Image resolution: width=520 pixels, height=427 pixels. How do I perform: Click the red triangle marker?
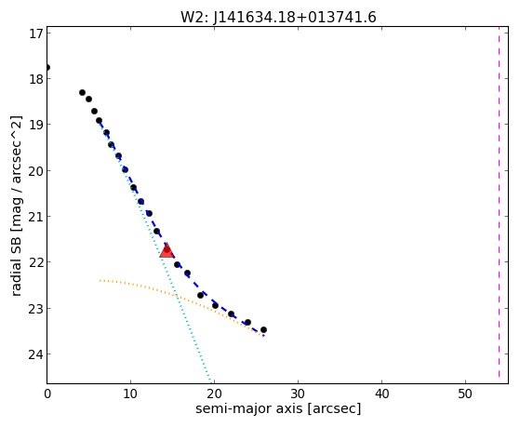coord(167,250)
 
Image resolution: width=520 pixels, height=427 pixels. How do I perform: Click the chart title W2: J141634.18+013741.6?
coord(278,18)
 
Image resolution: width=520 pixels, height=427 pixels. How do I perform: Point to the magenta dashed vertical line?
coord(499,202)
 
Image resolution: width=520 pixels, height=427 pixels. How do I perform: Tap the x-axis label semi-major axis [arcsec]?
coord(278,408)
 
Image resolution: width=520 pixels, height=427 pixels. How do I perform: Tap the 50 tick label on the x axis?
coord(465,394)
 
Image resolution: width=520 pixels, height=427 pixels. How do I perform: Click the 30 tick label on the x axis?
coord(298,394)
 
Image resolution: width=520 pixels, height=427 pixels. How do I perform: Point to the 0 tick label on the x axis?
coord(47,394)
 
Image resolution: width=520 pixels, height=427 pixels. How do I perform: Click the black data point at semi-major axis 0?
coord(47,68)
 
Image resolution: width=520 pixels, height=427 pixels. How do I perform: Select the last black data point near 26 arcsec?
coord(263,330)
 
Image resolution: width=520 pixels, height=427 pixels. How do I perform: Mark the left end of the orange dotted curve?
coord(100,281)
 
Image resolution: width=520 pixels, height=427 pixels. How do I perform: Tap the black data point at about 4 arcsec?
coord(82,93)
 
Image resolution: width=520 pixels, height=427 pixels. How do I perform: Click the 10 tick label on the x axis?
coord(130,394)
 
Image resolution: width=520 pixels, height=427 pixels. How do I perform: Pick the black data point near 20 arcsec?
coord(215,305)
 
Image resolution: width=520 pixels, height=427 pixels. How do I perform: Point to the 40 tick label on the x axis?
coord(381,394)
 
